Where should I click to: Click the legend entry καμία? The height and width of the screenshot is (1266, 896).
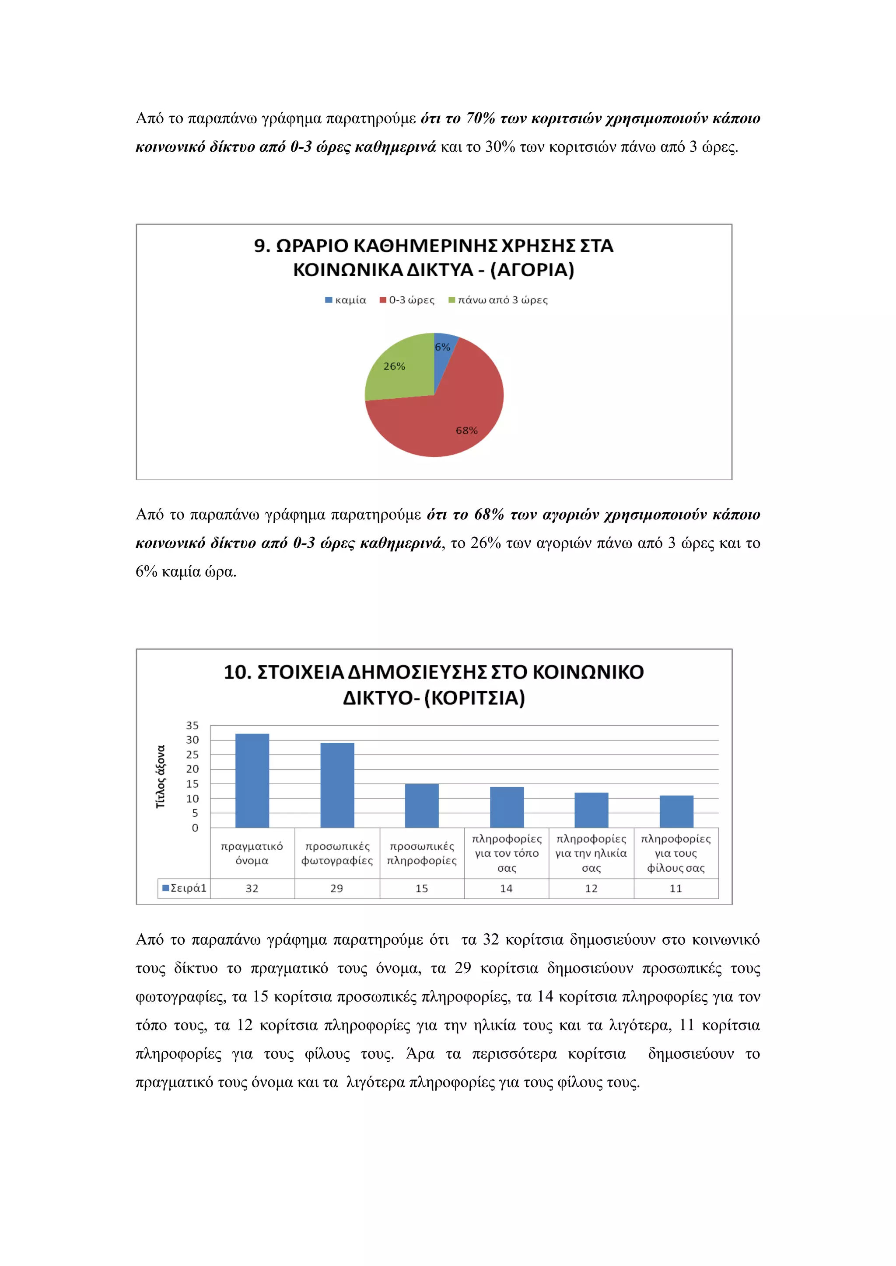click(x=346, y=300)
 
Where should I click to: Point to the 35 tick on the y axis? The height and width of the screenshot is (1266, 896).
click(x=192, y=725)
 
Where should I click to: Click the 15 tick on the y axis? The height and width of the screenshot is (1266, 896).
click(x=192, y=783)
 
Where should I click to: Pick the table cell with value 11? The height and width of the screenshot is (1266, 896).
click(x=676, y=888)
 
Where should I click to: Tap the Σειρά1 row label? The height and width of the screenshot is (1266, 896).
click(x=184, y=888)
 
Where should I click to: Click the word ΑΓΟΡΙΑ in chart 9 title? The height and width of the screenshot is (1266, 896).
click(x=532, y=270)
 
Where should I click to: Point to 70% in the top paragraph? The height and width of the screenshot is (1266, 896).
click(x=480, y=118)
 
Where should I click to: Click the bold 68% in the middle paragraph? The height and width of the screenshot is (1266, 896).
click(x=489, y=515)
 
